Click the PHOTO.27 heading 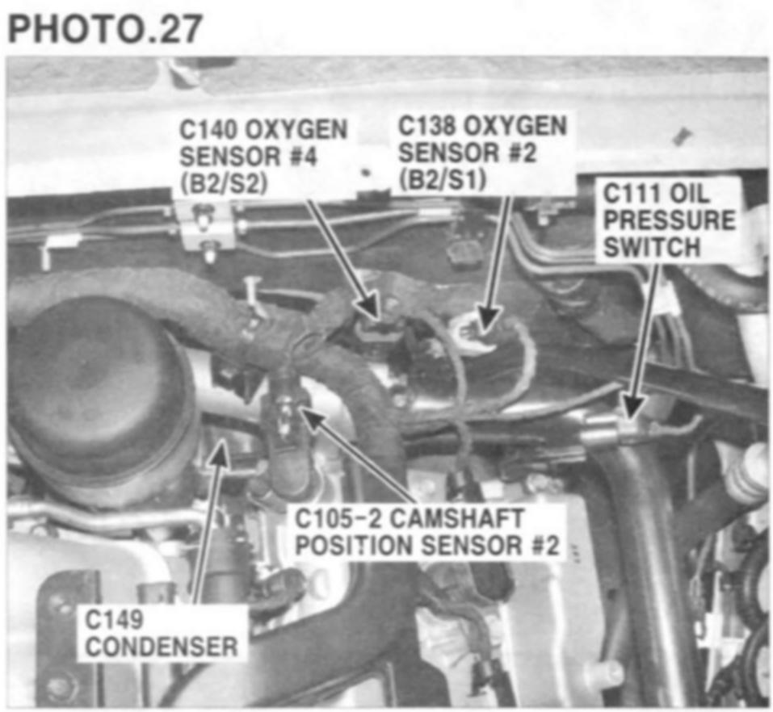[x=105, y=28]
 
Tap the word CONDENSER [x=162, y=647]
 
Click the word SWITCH [x=652, y=247]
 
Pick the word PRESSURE [x=670, y=220]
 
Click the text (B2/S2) [x=224, y=184]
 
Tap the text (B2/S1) [x=442, y=180]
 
